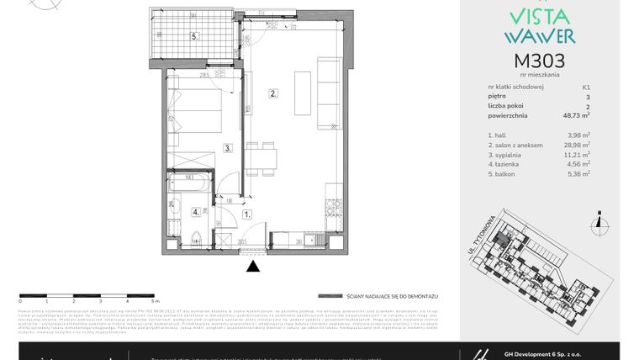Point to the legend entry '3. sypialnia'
point(505,155)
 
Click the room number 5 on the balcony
point(193,37)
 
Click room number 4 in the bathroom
point(194,212)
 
